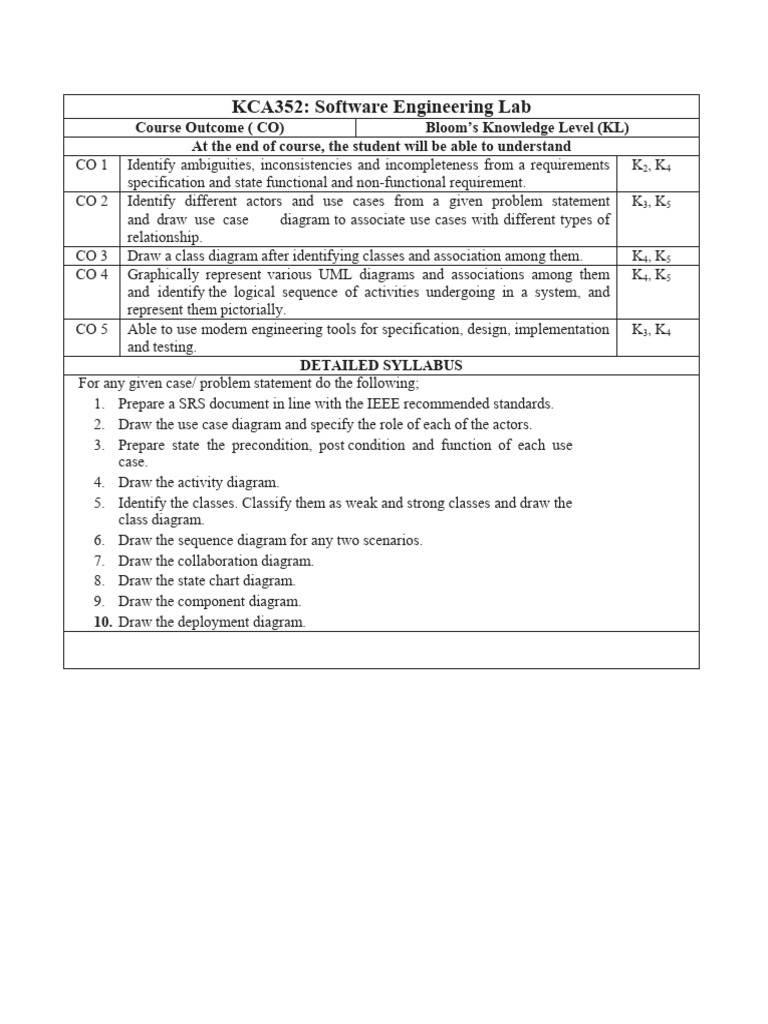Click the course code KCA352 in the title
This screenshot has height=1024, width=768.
click(x=267, y=107)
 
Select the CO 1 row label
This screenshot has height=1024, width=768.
click(x=91, y=165)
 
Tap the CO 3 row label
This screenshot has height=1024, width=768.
click(x=91, y=256)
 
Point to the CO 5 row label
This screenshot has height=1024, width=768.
click(x=91, y=329)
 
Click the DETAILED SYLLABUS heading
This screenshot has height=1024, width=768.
click(x=381, y=366)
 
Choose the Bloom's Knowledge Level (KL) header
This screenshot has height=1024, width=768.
click(x=527, y=128)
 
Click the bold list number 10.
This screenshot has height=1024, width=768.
click(x=103, y=622)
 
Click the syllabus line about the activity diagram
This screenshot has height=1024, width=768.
click(x=198, y=482)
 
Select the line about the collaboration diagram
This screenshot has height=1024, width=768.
click(x=215, y=561)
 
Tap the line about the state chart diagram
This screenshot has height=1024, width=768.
click(x=206, y=580)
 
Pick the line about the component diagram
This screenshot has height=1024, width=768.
click(x=209, y=601)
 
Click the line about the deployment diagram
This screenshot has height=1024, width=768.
click(x=211, y=622)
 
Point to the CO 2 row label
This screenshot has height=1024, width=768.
click(x=91, y=202)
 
